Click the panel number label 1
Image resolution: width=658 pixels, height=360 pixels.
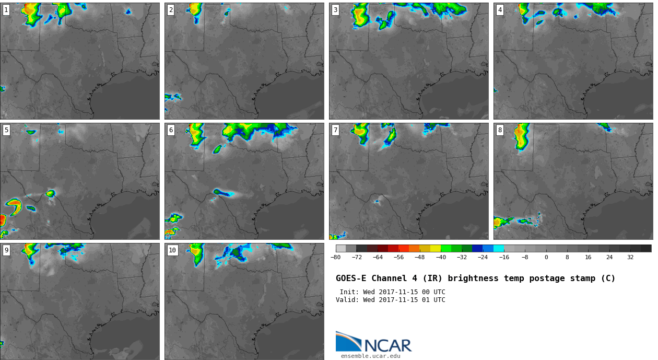pyautogui.click(x=6, y=10)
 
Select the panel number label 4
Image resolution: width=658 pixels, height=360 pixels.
pyautogui.click(x=500, y=10)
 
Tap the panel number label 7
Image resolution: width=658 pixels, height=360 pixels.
pyautogui.click(x=335, y=130)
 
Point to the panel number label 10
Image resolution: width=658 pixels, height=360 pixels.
pyautogui.click(x=172, y=250)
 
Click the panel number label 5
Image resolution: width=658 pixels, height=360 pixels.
pyautogui.click(x=6, y=130)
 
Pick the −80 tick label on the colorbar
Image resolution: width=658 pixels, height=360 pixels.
pyautogui.click(x=335, y=257)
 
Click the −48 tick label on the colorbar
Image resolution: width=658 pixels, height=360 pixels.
pyautogui.click(x=419, y=257)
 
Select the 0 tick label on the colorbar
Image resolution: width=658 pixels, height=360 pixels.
pyautogui.click(x=546, y=257)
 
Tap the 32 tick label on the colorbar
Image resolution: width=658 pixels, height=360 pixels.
pyautogui.click(x=630, y=257)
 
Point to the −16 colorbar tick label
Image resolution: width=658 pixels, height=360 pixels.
pyautogui.click(x=504, y=257)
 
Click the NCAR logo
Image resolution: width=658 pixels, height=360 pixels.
pyautogui.click(x=373, y=343)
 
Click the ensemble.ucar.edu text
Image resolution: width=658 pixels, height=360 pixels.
pyautogui.click(x=371, y=356)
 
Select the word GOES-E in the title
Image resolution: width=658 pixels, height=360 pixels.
pyautogui.click(x=351, y=278)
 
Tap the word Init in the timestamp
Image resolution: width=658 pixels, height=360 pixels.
pyautogui.click(x=349, y=292)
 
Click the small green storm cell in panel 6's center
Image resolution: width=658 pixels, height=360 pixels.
pyautogui.click(x=217, y=192)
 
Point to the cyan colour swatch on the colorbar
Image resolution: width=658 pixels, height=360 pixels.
pyautogui.click(x=499, y=248)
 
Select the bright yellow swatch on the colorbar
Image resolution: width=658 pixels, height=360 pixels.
pyautogui.click(x=436, y=248)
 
